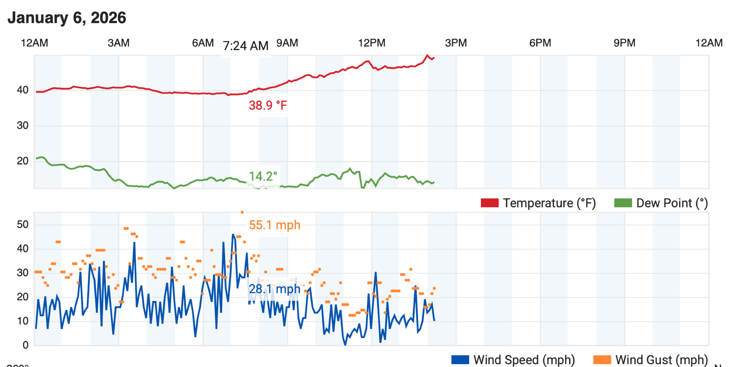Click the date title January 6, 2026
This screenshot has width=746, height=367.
[x=67, y=18]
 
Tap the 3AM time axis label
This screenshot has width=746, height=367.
[x=118, y=43]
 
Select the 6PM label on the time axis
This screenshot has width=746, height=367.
[x=540, y=43]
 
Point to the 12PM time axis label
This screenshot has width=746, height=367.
[x=371, y=43]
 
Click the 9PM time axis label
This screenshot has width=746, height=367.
[x=624, y=43]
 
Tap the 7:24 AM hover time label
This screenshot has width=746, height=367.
[x=245, y=46]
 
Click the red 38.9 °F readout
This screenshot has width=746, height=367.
[x=268, y=105]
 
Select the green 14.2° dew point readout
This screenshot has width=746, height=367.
[x=263, y=177]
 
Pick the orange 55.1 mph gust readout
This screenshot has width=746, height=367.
[x=275, y=225]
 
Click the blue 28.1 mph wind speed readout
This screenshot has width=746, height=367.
[x=274, y=289]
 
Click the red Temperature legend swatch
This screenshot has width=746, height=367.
[x=490, y=203]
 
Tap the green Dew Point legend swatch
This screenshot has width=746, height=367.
[x=623, y=203]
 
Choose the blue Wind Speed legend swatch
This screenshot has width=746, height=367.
[x=460, y=360]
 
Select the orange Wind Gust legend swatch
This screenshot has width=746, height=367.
[x=602, y=360]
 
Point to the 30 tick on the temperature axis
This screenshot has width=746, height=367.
[x=23, y=126]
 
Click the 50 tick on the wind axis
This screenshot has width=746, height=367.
[x=23, y=225]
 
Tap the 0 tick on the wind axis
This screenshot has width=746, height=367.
[x=25, y=345]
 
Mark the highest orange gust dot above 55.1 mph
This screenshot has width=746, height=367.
[x=242, y=212]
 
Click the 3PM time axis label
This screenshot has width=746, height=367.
[x=456, y=43]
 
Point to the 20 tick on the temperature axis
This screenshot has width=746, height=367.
[x=23, y=161]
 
